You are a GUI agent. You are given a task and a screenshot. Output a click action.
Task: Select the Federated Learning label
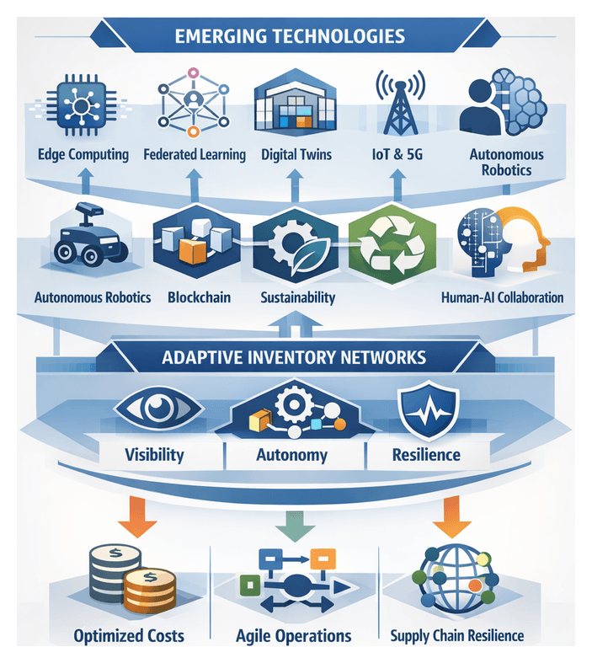coord(195,154)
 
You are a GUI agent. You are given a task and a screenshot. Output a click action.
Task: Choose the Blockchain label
coord(200,297)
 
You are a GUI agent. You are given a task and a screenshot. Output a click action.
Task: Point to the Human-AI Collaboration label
coord(503,297)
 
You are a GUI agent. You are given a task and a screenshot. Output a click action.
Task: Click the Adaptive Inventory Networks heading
coord(295,357)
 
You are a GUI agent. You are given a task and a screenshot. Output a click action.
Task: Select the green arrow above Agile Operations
coord(296,527)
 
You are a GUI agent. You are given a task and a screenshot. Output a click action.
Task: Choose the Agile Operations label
coord(295,635)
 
